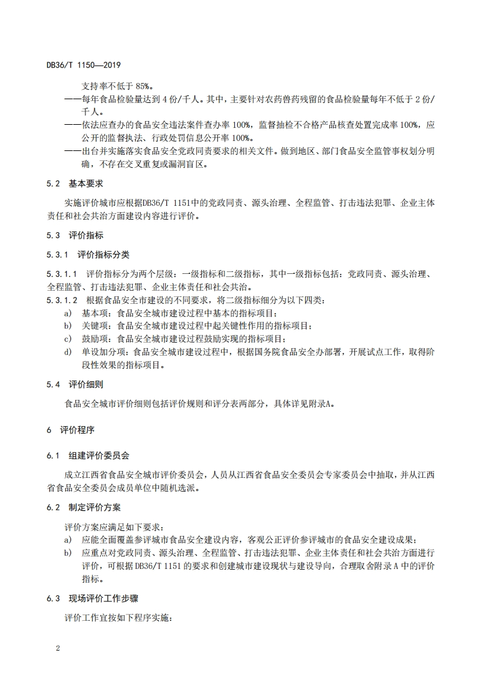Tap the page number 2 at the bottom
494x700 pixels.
pos(57,649)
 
